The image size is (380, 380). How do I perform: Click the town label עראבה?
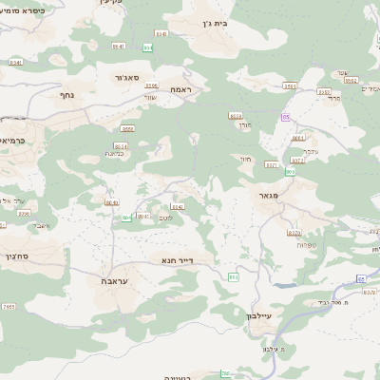pyautogui.click(x=112, y=282)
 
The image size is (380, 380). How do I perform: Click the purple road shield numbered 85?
pyautogui.click(x=284, y=116)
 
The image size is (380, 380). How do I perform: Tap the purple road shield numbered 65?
pyautogui.click(x=361, y=278)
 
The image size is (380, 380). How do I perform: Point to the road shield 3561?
pyautogui.click(x=290, y=86)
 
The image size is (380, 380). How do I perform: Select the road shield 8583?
pyautogui.click(x=237, y=115)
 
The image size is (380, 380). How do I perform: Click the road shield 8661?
pyautogui.click(x=298, y=138)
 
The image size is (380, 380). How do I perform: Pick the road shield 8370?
pyautogui.click(x=294, y=232)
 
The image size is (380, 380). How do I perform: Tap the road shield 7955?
pyautogui.click(x=9, y=307)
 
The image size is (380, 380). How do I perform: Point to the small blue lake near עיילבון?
pyautogui.click(x=280, y=283)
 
